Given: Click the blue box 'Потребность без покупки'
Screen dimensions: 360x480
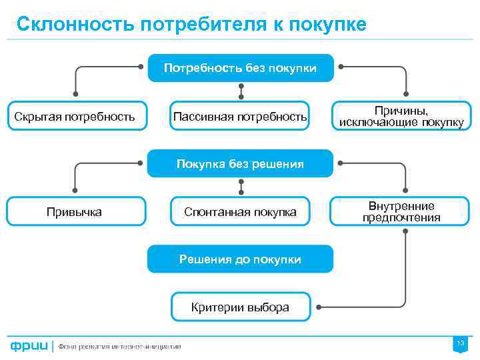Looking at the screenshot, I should [x=240, y=68].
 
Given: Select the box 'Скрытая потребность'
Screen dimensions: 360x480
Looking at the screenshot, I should [x=75, y=117].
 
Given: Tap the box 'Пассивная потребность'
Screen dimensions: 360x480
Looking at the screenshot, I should [x=240, y=117].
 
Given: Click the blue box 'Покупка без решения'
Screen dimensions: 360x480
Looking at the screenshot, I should [x=240, y=164].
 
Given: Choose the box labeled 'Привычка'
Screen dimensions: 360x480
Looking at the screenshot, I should [x=75, y=212].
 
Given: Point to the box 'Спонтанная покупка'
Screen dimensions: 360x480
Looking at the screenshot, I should [x=240, y=212].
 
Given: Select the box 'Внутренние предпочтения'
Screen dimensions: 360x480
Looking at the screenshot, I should [x=401, y=212].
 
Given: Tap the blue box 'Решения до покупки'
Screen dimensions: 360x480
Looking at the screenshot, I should [x=240, y=259].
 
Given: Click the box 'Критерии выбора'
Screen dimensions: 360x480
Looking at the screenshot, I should [x=240, y=307].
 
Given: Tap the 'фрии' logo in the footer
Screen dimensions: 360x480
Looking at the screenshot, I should [x=29, y=345].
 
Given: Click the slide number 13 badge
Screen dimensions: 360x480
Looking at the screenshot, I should [x=460, y=343].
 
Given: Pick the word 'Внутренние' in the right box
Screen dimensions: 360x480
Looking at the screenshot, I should [x=401, y=206].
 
